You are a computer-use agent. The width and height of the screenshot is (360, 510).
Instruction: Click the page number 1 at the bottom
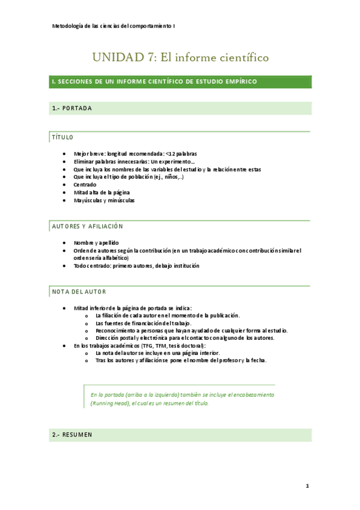coord(307,485)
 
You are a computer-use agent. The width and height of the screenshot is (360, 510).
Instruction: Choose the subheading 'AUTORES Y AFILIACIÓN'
coord(87,226)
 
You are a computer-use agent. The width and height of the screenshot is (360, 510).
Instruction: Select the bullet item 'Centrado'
coord(85,185)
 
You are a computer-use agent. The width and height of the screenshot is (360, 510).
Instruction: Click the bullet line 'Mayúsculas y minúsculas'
coord(104,200)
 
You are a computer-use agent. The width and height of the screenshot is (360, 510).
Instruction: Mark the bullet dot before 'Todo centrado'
coord(64,265)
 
